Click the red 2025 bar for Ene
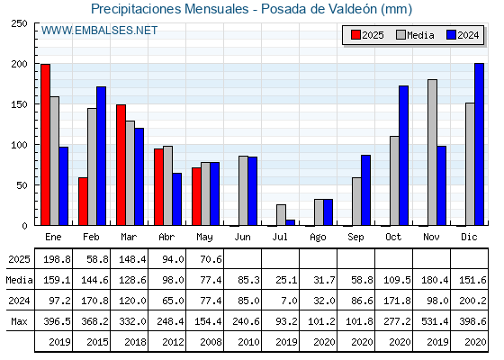[x=45, y=145]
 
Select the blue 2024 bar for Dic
[x=479, y=144]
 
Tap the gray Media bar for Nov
[x=432, y=152]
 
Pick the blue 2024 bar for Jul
[x=290, y=222]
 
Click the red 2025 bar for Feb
[x=83, y=202]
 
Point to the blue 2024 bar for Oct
[x=403, y=156]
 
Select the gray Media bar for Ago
[x=319, y=212]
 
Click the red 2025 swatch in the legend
[x=355, y=35]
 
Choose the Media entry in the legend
[x=415, y=35]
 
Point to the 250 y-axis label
[x=19, y=23]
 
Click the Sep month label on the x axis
[x=355, y=238]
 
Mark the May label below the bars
[x=204, y=238]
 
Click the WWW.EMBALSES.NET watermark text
[x=99, y=31]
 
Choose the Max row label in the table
[x=19, y=321]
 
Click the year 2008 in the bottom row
[x=211, y=342]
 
